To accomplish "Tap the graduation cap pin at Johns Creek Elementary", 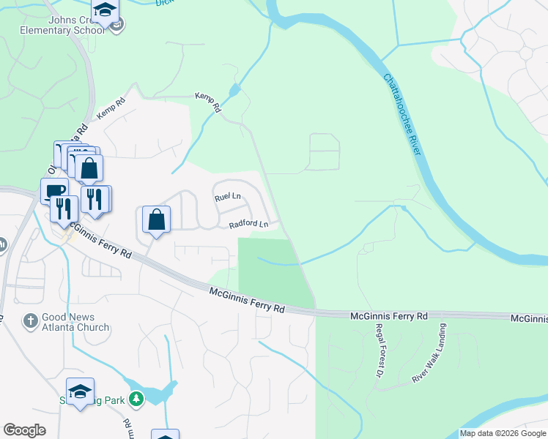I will click(105, 11).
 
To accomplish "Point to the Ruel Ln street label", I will click(227, 197).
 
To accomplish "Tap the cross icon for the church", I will click(30, 320).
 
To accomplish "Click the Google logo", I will click(24, 430).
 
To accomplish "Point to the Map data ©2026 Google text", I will click(502, 433).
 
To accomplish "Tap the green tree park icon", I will click(136, 399).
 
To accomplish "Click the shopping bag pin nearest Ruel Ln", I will click(157, 219).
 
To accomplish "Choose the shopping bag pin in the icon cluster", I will click(89, 168).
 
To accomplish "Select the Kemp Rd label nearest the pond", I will click(207, 101).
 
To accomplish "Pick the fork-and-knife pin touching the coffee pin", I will click(64, 208).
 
